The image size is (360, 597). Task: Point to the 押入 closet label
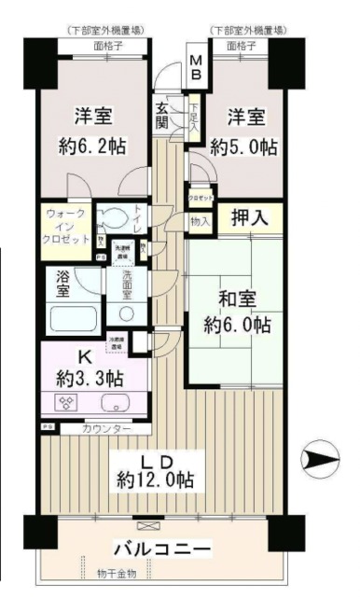pyautogui.click(x=249, y=219)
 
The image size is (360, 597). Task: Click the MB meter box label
pyautogui.click(x=198, y=67)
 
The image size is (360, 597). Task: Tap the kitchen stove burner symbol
pyautogui.click(x=68, y=403)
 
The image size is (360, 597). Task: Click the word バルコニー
pyautogui.click(x=157, y=548)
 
